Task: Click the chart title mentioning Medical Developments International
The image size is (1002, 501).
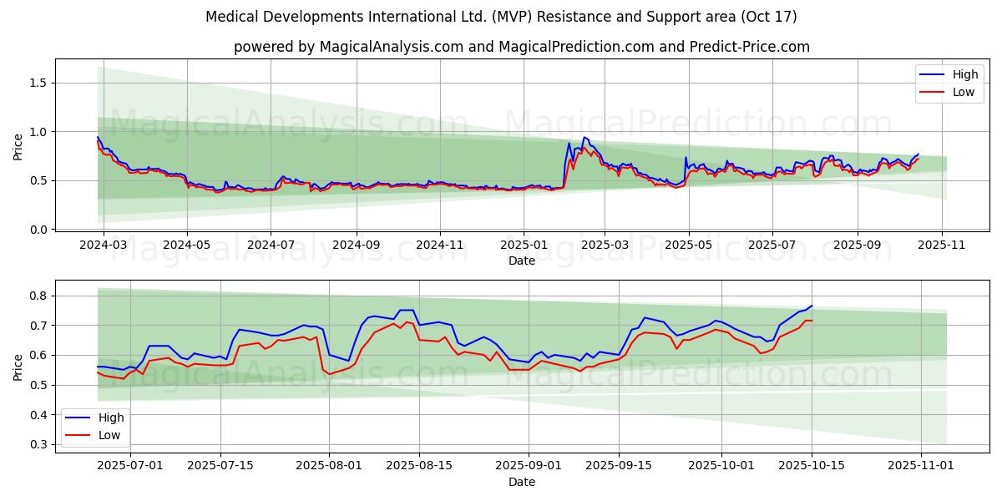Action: (501, 17)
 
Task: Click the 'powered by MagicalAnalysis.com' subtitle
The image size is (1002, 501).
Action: (521, 47)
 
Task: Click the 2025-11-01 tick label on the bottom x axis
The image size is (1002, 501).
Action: (921, 465)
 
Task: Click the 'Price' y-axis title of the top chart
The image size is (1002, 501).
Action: (18, 147)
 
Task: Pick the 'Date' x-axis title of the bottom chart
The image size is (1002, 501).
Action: (522, 482)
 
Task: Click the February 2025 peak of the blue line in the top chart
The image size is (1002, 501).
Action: (584, 137)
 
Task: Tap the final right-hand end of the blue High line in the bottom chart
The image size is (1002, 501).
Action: (812, 306)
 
